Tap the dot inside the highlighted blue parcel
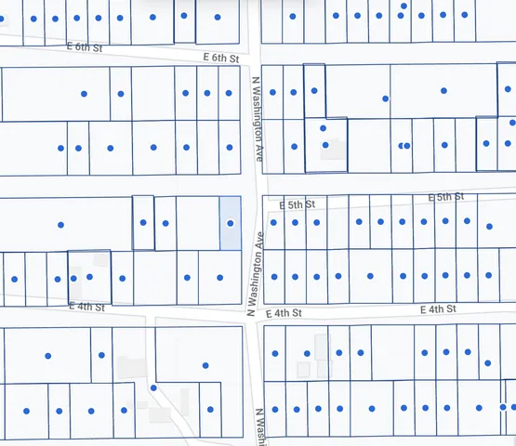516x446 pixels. (x=230, y=223)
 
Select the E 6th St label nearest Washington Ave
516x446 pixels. (x=221, y=58)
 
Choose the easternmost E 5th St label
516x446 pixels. (x=445, y=197)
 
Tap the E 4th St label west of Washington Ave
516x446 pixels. (x=87, y=307)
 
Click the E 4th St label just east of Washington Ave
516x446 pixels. (x=285, y=315)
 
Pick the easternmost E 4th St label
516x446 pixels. (x=439, y=309)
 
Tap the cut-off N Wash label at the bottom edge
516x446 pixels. (x=259, y=426)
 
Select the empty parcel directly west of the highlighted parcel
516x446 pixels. (x=197, y=223)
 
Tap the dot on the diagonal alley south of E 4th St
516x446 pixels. (x=153, y=387)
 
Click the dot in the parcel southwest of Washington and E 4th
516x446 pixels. (x=205, y=365)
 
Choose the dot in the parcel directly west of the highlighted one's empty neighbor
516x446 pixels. (x=165, y=223)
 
